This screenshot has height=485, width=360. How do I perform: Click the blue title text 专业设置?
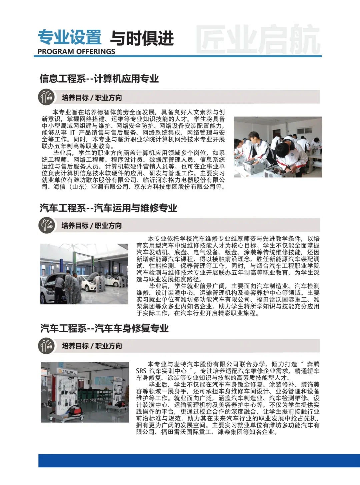pyautogui.click(x=69, y=37)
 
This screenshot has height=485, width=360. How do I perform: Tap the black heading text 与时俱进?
pyautogui.click(x=142, y=38)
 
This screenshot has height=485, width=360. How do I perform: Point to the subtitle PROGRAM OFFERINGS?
pyautogui.click(x=76, y=52)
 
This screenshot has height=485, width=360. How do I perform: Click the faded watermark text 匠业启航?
pyautogui.click(x=258, y=40)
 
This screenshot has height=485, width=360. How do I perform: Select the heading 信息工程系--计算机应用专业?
pyautogui.click(x=99, y=79)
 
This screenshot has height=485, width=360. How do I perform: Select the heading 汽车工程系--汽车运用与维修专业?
pyautogui.click(x=108, y=208)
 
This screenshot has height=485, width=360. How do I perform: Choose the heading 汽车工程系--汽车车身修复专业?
pyautogui.click(x=104, y=328)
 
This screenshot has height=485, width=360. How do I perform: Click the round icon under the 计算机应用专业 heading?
pyautogui.click(x=46, y=97)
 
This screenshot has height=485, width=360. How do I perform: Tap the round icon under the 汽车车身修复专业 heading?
pyautogui.click(x=46, y=346)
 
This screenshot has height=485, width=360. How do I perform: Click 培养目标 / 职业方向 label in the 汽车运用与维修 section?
pyautogui.click(x=92, y=226)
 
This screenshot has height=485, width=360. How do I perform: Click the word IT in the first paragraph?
pyautogui.click(x=72, y=133)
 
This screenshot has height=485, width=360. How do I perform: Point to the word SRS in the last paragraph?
pyautogui.click(x=141, y=371)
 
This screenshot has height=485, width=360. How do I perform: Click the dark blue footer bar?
pyautogui.click(x=199, y=460)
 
